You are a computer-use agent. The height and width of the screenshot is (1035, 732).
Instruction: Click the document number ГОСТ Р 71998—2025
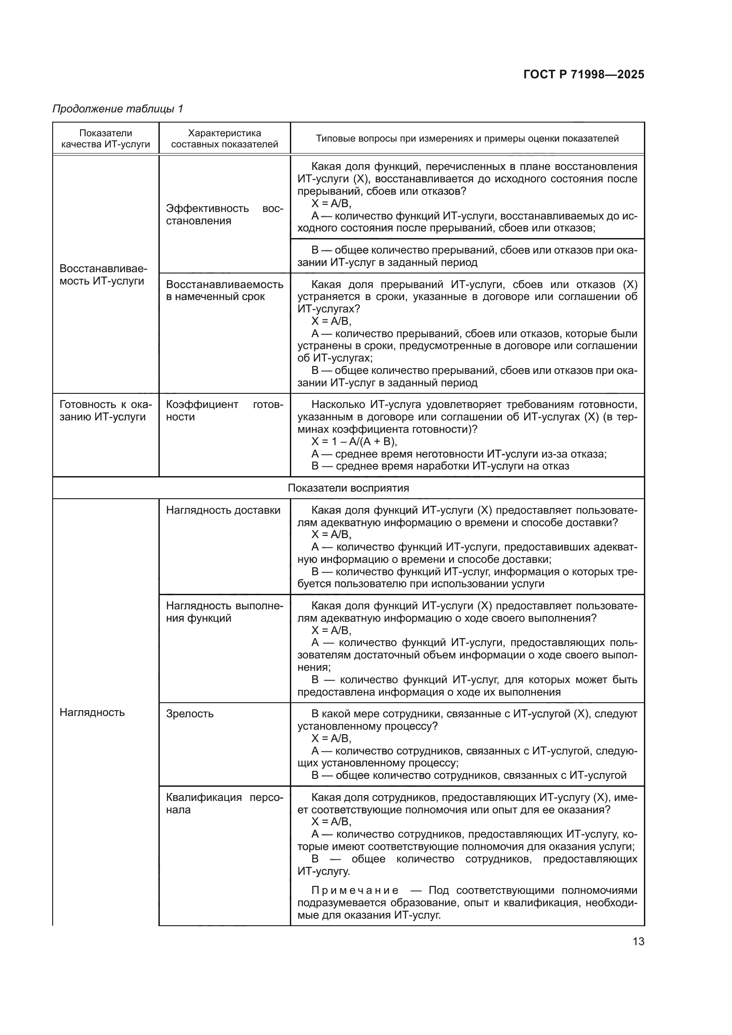tap(584, 74)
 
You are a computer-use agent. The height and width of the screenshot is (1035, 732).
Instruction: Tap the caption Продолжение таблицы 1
tap(118, 109)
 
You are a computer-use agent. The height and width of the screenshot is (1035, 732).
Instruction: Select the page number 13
tap(638, 942)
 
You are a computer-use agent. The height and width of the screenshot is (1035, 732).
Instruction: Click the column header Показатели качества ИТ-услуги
tap(105, 139)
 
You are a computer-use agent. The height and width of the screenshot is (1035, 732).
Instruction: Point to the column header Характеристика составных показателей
tap(224, 139)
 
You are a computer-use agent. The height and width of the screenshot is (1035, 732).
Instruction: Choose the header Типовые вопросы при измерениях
tap(467, 139)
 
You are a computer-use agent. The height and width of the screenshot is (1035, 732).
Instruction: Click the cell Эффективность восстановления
tap(224, 215)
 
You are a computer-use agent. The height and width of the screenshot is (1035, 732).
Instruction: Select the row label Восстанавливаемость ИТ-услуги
tap(103, 275)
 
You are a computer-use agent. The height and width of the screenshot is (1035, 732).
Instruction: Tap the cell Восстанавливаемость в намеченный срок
tap(224, 290)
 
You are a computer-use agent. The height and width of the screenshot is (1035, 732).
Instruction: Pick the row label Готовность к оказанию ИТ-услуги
tap(105, 411)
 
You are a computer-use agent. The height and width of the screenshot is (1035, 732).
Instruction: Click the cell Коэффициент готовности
tap(224, 411)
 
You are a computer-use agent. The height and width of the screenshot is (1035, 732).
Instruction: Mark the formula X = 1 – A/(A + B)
tap(354, 441)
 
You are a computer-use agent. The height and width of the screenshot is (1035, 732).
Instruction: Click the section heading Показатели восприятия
tap(348, 488)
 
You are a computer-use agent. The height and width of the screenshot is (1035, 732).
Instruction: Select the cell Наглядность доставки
tap(223, 510)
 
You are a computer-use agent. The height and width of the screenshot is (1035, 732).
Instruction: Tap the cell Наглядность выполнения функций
tap(224, 612)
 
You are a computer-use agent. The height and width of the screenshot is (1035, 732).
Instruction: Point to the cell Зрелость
tap(190, 714)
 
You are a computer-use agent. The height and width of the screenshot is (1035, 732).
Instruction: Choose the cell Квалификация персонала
tap(224, 803)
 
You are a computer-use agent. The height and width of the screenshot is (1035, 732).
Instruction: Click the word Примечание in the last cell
tap(355, 890)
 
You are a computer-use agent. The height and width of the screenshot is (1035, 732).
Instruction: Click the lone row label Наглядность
tap(92, 712)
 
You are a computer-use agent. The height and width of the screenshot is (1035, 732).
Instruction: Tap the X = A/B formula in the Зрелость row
tap(331, 739)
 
